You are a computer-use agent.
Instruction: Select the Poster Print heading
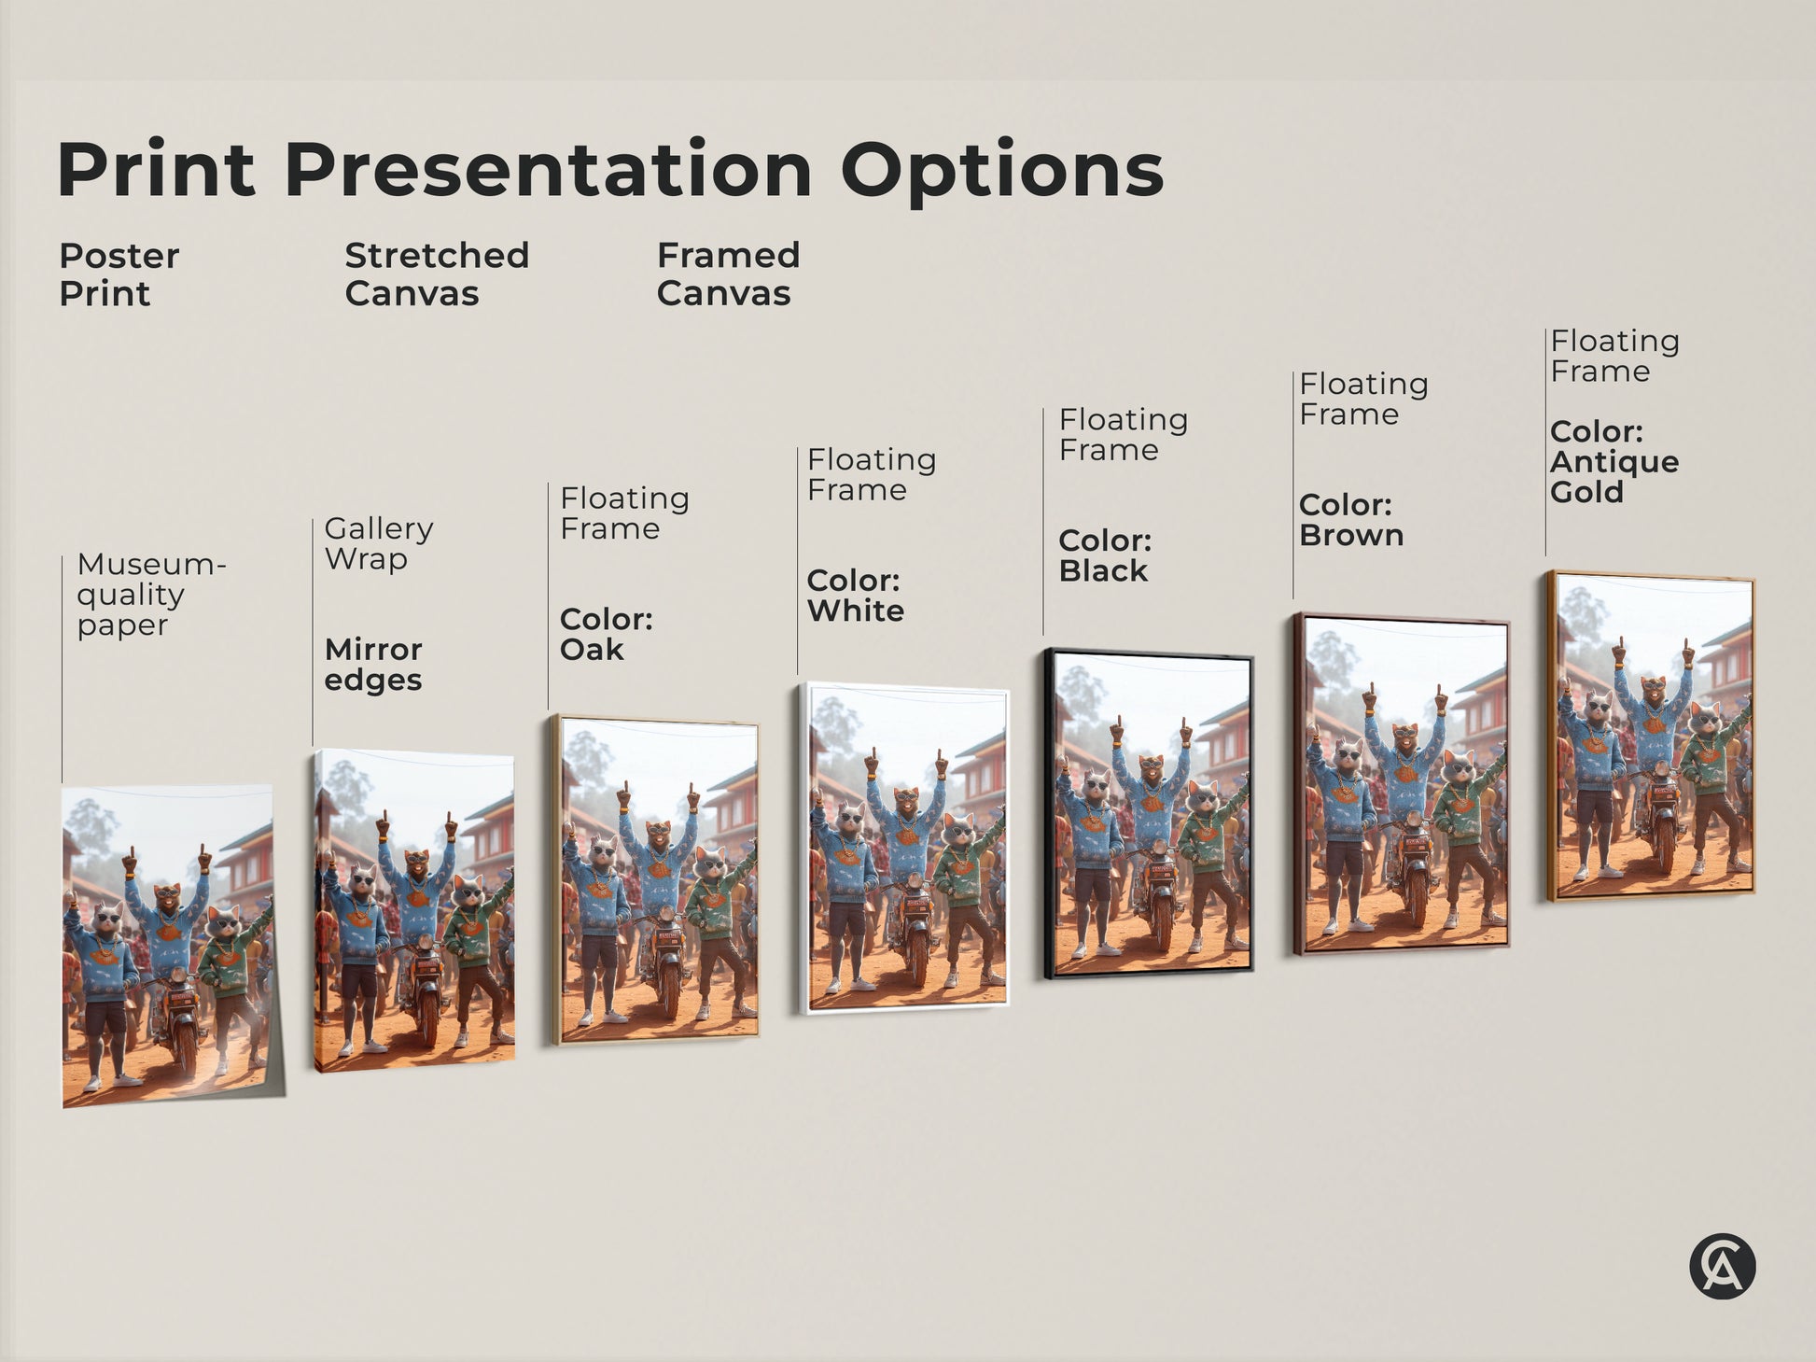tap(119, 274)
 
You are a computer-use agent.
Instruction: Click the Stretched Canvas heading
tap(436, 274)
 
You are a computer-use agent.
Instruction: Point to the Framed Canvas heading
tap(728, 274)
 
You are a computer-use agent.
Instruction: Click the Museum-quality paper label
tap(150, 594)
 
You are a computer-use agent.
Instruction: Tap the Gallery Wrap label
tap(378, 543)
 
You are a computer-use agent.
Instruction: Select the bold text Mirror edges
tap(373, 664)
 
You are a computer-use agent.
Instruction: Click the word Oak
tap(592, 650)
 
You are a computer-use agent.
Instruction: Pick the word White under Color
tap(856, 611)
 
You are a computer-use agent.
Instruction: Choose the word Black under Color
tap(1103, 571)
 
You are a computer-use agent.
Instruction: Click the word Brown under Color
tap(1351, 536)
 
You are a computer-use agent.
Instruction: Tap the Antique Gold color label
tap(1613, 476)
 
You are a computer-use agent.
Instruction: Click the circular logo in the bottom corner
tap(1722, 1267)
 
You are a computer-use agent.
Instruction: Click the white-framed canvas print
tap(903, 849)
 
